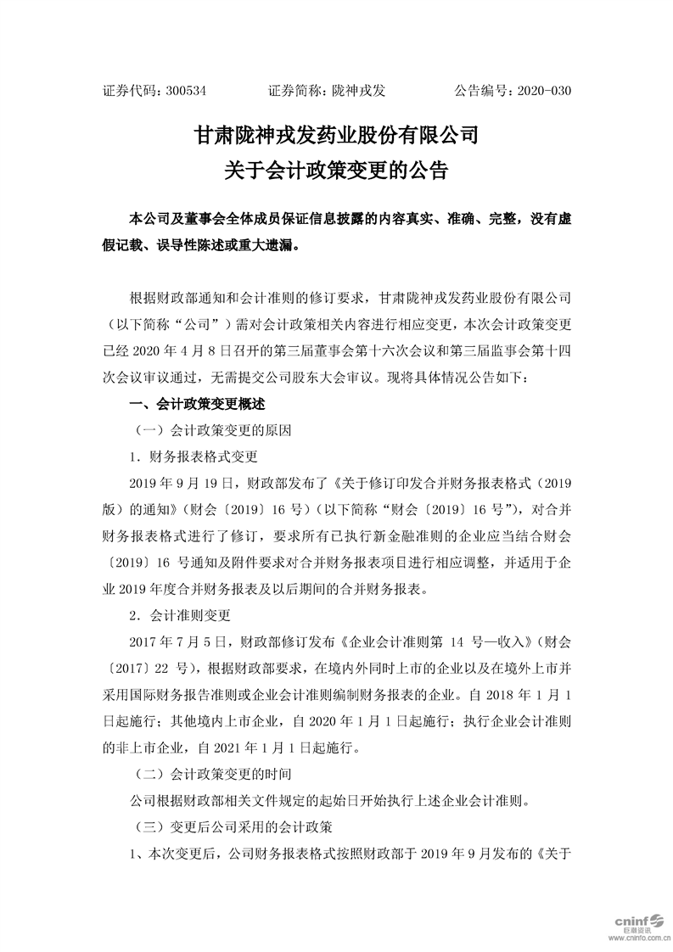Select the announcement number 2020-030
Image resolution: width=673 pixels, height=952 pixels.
[543, 90]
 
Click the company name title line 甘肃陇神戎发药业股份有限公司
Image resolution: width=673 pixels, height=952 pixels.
[336, 135]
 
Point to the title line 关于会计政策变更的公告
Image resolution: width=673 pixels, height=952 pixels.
[336, 169]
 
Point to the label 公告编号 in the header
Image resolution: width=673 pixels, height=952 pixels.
[484, 90]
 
